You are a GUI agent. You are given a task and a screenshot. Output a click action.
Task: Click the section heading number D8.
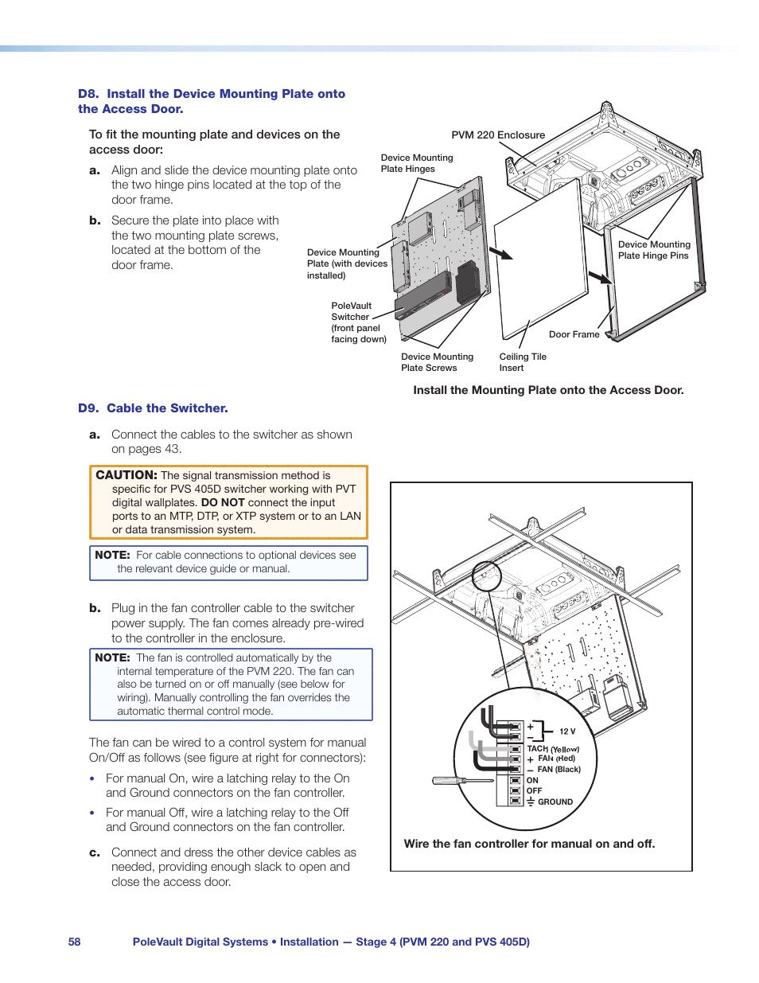tap(88, 94)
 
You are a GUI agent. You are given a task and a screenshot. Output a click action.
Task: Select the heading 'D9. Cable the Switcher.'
tap(153, 408)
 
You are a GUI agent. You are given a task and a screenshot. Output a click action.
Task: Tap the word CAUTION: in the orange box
tap(127, 475)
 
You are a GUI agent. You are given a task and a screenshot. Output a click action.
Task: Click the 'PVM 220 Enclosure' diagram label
tap(498, 135)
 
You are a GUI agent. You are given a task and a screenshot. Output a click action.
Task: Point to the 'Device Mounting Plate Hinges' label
tap(416, 163)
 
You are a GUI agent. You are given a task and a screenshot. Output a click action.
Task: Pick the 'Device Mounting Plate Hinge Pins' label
tap(654, 250)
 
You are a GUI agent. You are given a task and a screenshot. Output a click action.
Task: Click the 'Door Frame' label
tap(574, 334)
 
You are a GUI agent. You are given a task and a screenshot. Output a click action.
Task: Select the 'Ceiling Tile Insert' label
tap(523, 362)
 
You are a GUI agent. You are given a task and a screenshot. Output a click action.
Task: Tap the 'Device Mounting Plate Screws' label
tap(437, 362)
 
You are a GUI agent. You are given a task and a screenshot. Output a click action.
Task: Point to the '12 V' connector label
tap(567, 731)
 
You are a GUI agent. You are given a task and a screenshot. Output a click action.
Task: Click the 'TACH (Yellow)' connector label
tap(553, 749)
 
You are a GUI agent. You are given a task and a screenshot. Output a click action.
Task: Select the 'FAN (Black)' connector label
tap(559, 770)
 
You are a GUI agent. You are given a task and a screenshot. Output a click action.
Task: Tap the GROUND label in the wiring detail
tap(555, 802)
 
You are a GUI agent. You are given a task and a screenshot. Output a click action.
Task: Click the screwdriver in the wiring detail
tap(461, 781)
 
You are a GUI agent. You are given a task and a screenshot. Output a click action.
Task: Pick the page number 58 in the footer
tap(75, 942)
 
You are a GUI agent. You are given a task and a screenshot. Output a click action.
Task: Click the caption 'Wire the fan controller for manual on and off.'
tap(529, 844)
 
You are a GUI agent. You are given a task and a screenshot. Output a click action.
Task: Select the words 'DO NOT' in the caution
tap(223, 503)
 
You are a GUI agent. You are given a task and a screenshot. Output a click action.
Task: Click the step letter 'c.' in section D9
tap(95, 852)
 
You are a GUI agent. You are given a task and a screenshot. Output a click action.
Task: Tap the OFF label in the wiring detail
tap(534, 791)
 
